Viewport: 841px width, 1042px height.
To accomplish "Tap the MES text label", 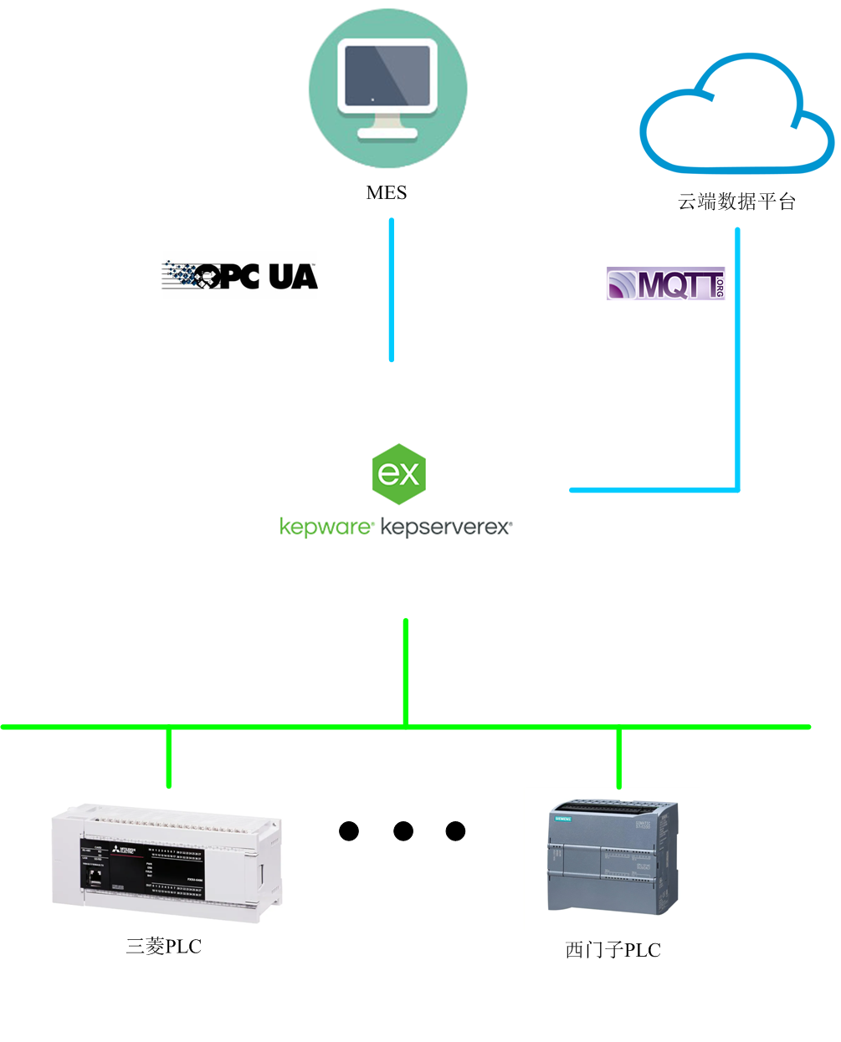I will (387, 193).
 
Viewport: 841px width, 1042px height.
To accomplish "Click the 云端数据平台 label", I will (736, 202).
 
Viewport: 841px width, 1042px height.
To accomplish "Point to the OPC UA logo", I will (240, 275).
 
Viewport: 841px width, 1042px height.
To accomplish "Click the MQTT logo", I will (665, 284).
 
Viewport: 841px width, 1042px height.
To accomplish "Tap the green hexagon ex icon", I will (399, 474).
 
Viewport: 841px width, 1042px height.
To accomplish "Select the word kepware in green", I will (326, 527).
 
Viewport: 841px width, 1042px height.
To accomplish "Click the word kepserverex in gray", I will (445, 527).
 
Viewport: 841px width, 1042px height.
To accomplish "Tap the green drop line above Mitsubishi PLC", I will (169, 758).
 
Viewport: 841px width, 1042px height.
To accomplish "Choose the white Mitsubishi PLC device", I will (167, 862).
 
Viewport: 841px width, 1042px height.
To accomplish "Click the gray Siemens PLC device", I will (613, 857).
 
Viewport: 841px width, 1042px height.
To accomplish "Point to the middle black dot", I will (403, 831).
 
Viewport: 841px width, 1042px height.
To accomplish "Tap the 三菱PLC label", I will (164, 947).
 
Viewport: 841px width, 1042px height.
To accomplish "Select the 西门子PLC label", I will (613, 951).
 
